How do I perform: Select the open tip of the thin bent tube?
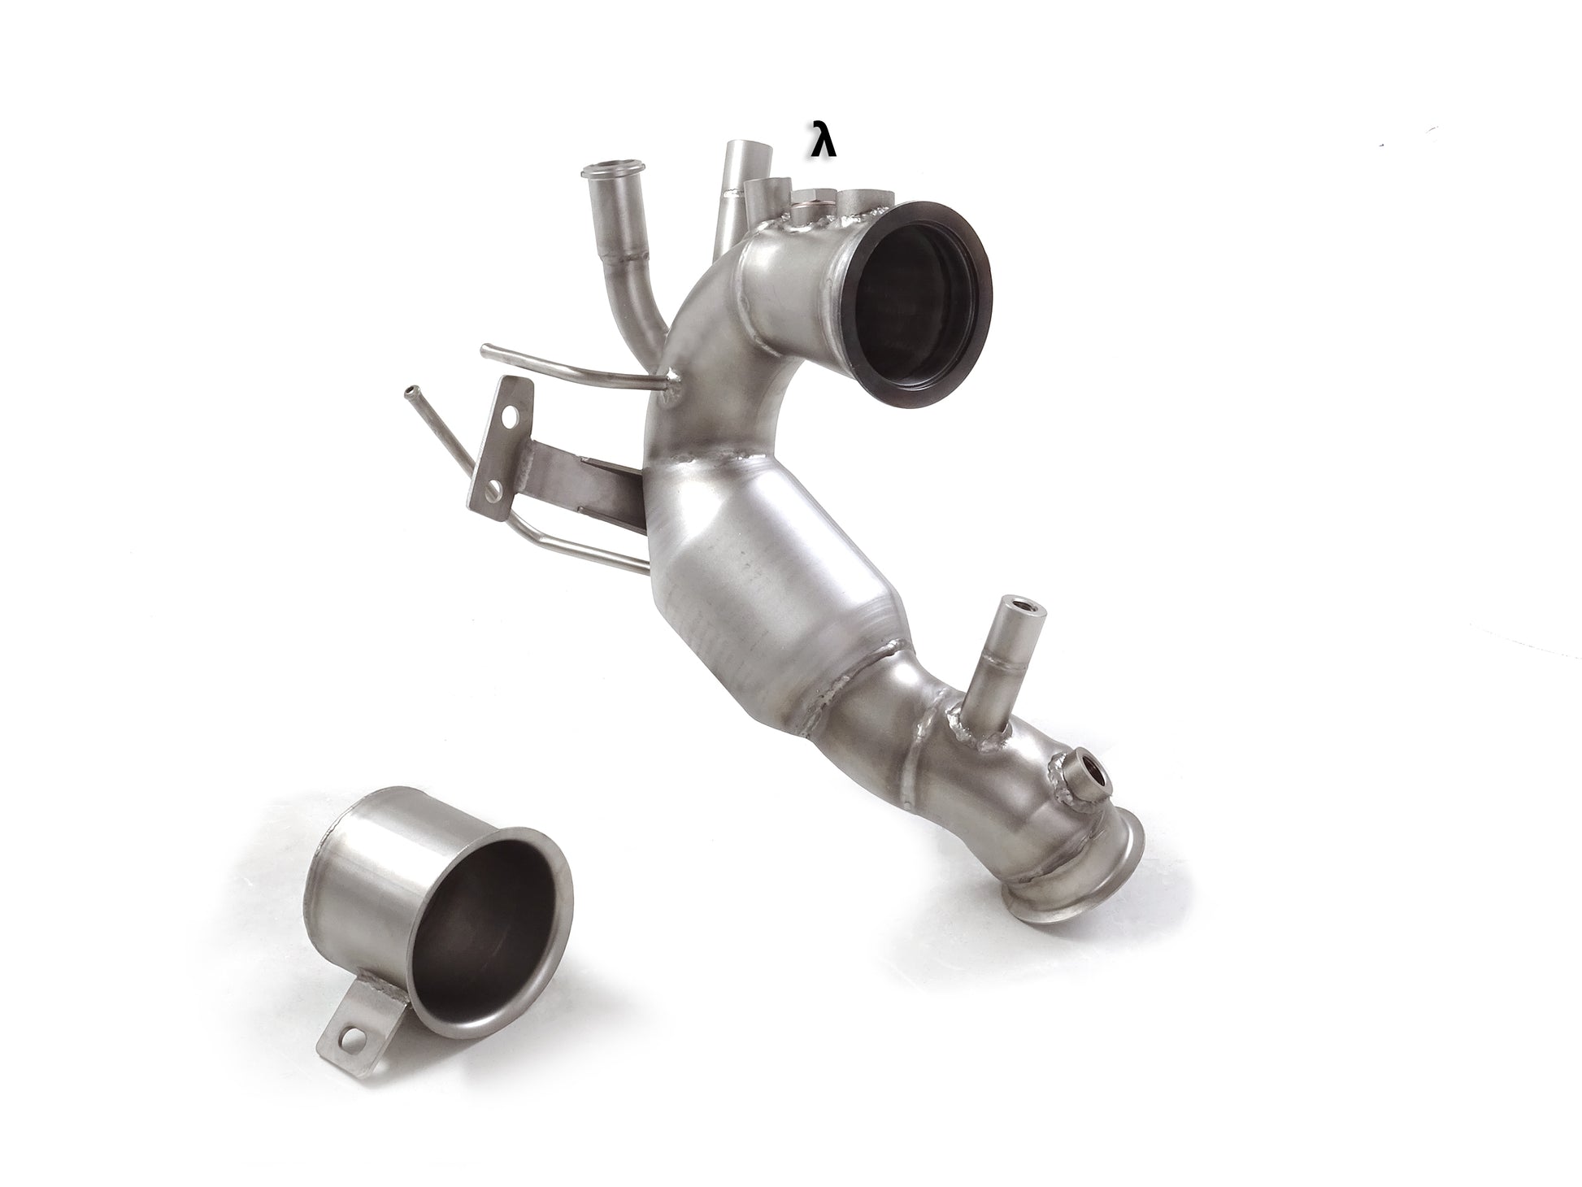point(408,393)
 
